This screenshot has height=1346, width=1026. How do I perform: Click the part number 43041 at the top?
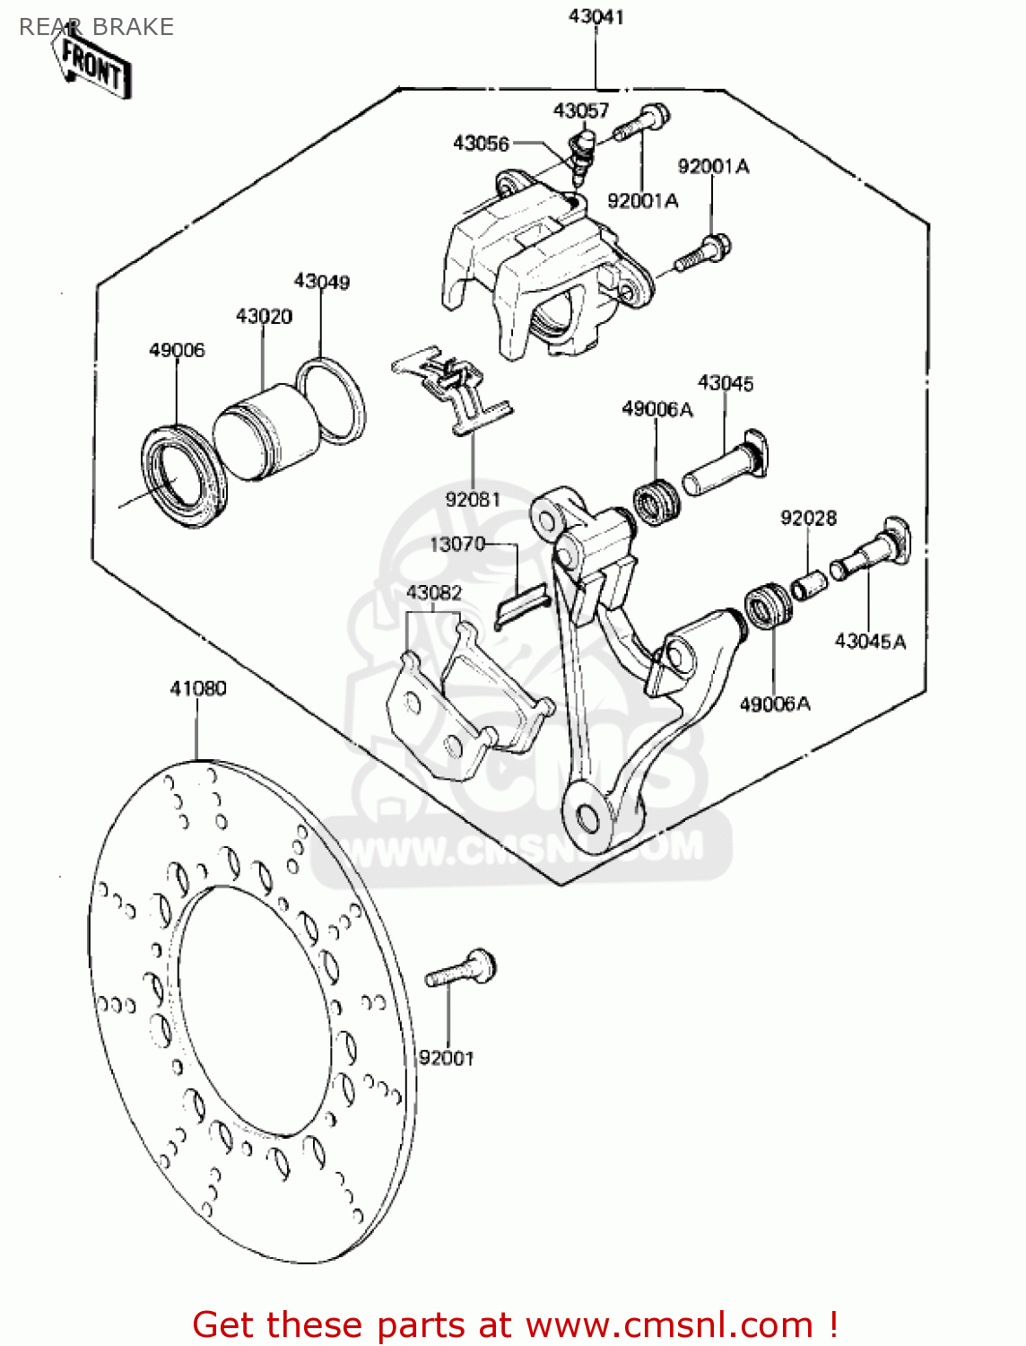[596, 17]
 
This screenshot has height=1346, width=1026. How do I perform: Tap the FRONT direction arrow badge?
[93, 66]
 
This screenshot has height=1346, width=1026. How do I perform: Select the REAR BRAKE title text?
[96, 27]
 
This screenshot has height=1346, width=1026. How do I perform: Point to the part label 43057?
[581, 110]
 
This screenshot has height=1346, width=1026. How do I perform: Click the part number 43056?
[481, 144]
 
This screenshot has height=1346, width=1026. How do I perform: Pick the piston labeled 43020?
[265, 432]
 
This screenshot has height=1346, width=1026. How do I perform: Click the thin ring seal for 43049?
[331, 400]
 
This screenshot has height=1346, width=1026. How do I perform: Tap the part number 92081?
[473, 499]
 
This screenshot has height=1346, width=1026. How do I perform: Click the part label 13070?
[457, 544]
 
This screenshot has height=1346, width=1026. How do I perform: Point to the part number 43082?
[434, 593]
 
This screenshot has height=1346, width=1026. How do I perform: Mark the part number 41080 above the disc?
[198, 688]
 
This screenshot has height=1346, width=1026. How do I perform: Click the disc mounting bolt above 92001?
[461, 970]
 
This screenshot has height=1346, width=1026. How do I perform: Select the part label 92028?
[808, 518]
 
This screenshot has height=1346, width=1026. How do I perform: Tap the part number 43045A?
[870, 641]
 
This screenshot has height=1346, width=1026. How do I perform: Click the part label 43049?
[322, 282]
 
